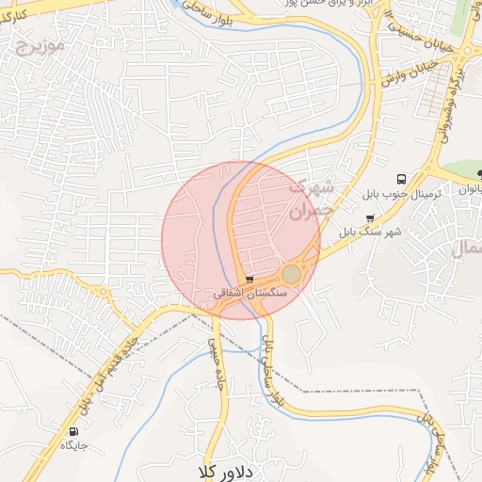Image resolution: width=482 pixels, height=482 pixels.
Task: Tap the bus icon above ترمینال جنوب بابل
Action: [402, 177]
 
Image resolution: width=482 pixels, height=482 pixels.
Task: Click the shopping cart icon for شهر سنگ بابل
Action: [370, 217]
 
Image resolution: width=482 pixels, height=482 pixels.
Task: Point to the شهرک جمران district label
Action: [310, 199]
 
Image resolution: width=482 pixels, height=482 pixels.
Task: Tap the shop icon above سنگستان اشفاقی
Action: [249, 280]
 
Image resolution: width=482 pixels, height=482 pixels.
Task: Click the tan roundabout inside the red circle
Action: [292, 274]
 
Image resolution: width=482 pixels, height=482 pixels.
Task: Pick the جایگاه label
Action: [75, 445]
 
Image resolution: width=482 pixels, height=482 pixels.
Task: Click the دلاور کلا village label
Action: [226, 469]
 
